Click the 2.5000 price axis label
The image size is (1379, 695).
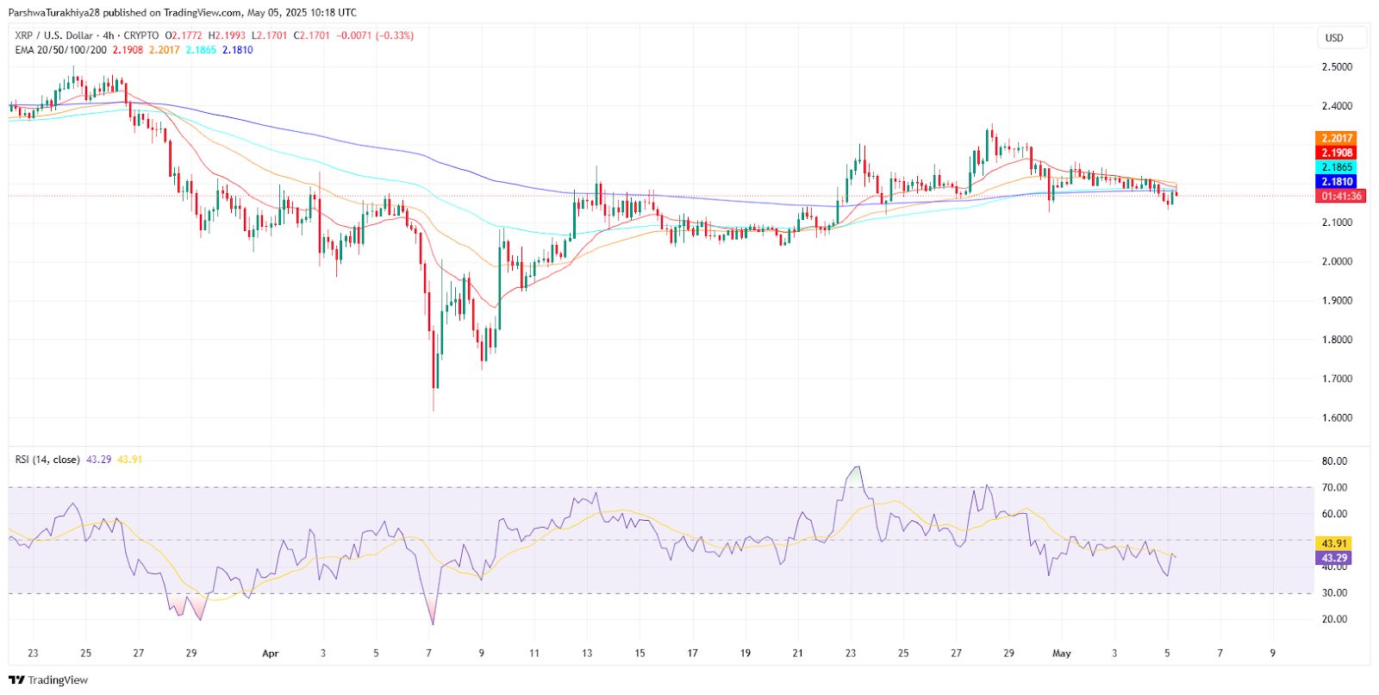[x=1336, y=66]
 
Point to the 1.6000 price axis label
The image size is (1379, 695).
[x=1336, y=417]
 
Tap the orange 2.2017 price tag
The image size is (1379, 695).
[x=1336, y=138]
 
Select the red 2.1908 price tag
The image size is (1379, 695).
[x=1336, y=153]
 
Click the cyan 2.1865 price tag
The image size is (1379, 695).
[x=1336, y=167]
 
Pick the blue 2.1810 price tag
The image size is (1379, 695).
[x=1336, y=182]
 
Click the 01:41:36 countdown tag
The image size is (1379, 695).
[x=1341, y=197]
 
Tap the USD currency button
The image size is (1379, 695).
[x=1334, y=38]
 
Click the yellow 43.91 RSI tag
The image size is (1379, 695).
[x=1333, y=543]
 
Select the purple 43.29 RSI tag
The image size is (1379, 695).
[x=1333, y=558]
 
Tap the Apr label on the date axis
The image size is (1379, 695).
[x=271, y=654]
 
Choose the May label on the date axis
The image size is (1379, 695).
[x=1062, y=654]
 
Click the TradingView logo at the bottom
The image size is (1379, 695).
[x=48, y=680]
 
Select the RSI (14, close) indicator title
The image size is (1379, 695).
[x=47, y=460]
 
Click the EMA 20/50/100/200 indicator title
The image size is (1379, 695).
[x=61, y=50]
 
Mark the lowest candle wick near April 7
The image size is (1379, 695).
[x=434, y=409]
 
